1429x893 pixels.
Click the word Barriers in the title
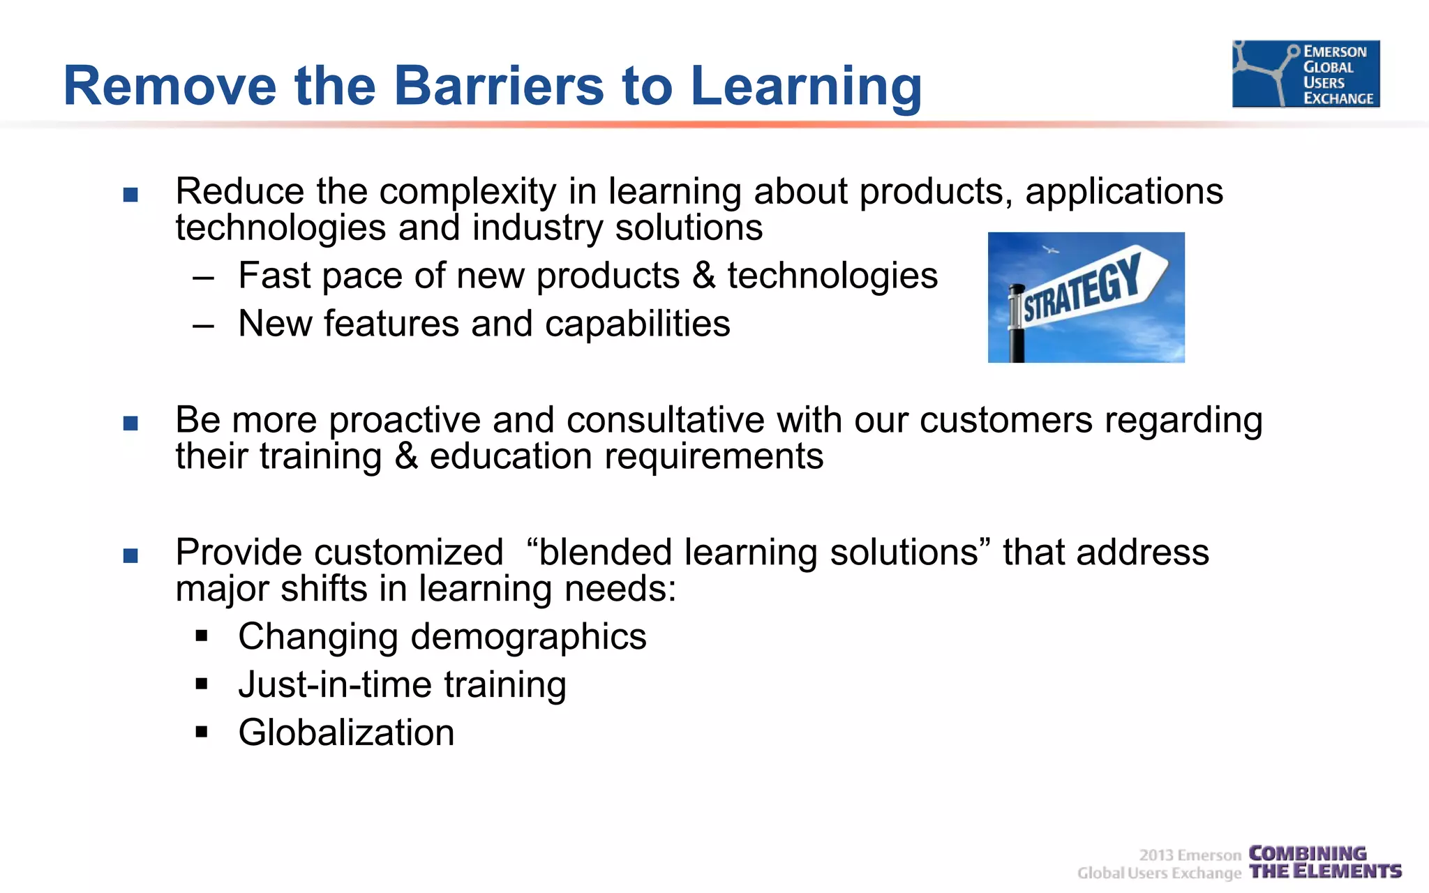[498, 86]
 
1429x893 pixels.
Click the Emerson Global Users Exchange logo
[1305, 74]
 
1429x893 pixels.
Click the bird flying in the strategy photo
[1050, 249]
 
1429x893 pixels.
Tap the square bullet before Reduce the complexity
[130, 195]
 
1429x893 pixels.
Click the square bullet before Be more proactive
[130, 423]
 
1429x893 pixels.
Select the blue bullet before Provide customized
[130, 556]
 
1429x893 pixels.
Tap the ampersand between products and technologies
[703, 276]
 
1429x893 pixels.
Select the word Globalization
[346, 733]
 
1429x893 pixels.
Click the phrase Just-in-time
[334, 684]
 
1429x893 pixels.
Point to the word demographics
[528, 637]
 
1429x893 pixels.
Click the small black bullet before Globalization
[202, 732]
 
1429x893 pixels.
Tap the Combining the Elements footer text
[1324, 863]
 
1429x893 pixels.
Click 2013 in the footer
[1156, 855]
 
